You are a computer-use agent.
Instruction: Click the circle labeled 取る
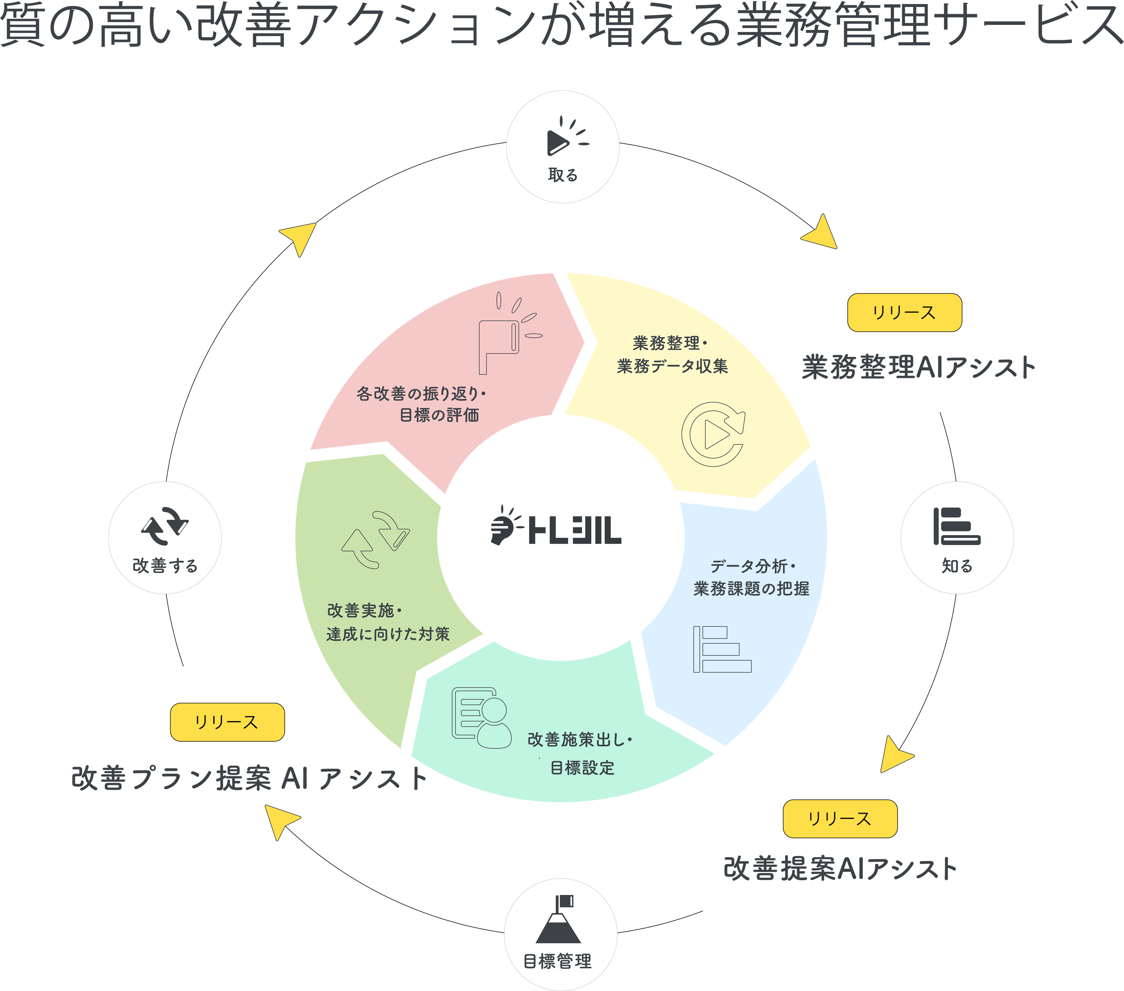(x=563, y=147)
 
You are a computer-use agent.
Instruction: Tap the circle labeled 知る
(x=957, y=537)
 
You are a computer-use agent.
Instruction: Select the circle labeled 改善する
(x=165, y=537)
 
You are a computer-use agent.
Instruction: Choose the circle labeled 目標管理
(x=560, y=934)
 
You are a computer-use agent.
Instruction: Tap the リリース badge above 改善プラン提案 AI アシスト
(x=227, y=722)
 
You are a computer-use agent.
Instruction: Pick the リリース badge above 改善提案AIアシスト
(x=840, y=819)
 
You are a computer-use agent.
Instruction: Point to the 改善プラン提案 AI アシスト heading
(x=249, y=778)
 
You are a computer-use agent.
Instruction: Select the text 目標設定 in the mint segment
(x=582, y=768)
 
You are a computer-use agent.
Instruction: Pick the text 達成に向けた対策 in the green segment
(x=388, y=634)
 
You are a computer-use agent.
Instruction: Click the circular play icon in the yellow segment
(x=713, y=435)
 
